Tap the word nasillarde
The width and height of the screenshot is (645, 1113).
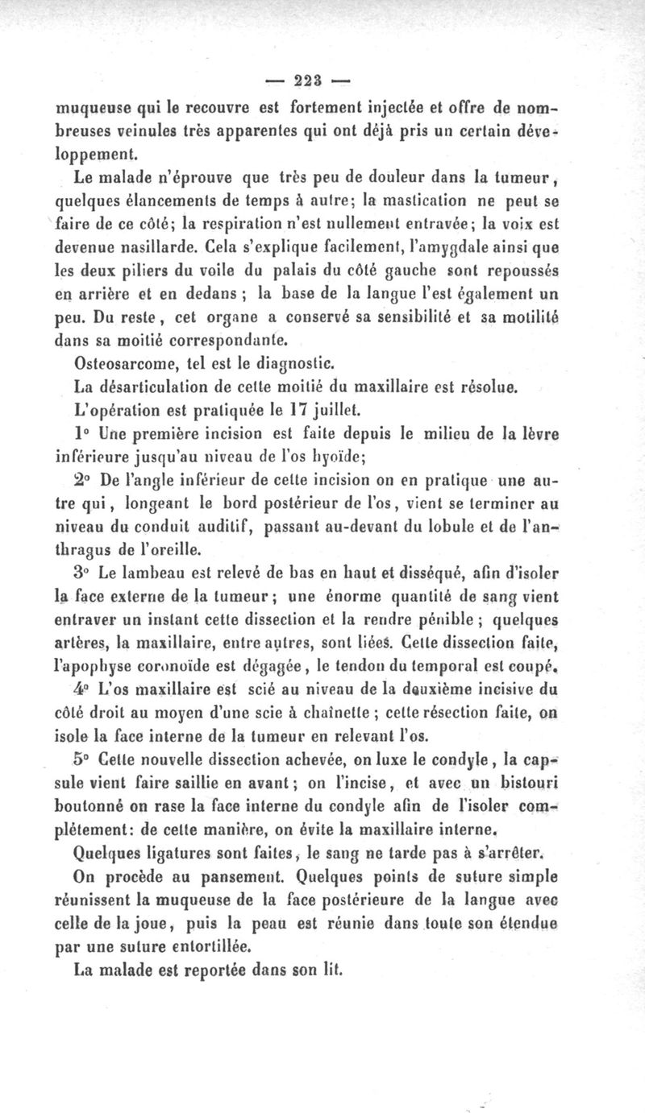click(160, 250)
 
